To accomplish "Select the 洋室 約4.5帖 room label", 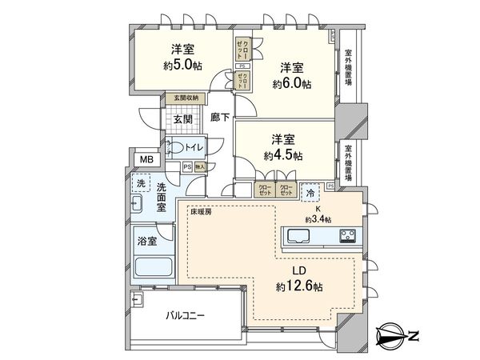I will (x=285, y=146).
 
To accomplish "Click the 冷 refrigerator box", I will (x=310, y=193).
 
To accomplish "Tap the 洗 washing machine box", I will (x=141, y=183).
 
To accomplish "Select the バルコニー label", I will (x=185, y=315).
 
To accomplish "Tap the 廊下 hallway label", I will (x=221, y=117).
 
